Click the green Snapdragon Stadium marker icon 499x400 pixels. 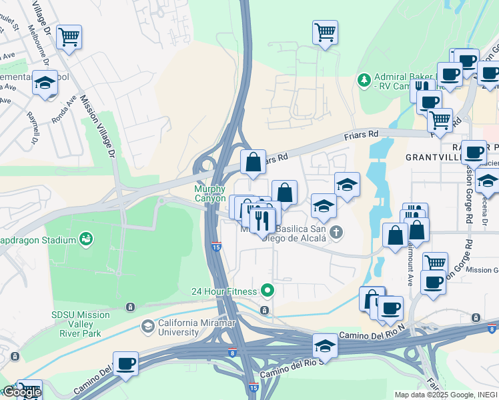[x=85, y=238]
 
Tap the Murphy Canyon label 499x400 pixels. [x=209, y=193]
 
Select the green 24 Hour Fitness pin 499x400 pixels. [x=268, y=290]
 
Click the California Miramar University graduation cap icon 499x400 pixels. [x=147, y=326]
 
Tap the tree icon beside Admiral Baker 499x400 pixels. [x=364, y=80]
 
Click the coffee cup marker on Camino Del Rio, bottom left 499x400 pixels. [x=125, y=363]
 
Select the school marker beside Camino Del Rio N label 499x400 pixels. [x=325, y=345]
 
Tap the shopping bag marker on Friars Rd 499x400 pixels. [x=254, y=161]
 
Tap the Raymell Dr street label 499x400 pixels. [x=31, y=129]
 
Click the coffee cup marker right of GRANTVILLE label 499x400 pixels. [x=474, y=151]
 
